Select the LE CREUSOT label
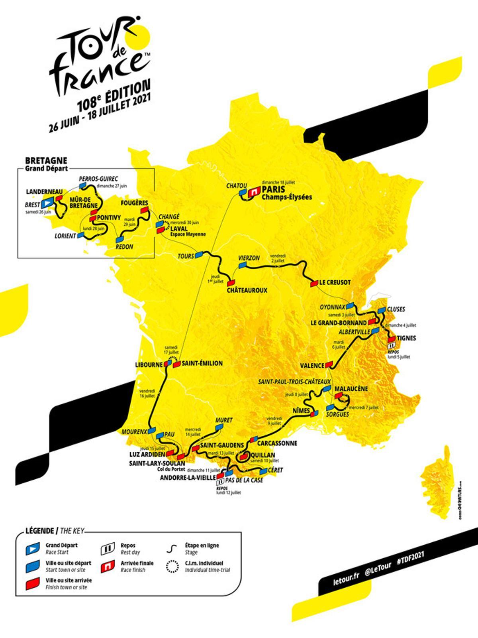335,282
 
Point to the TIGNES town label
406,338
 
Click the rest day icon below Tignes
391,346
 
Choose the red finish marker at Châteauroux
231,282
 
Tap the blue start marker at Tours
199,255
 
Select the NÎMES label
301,410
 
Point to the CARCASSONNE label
277,443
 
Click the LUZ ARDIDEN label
147,454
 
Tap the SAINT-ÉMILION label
203,363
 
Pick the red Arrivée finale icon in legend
106,566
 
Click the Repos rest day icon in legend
106,549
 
